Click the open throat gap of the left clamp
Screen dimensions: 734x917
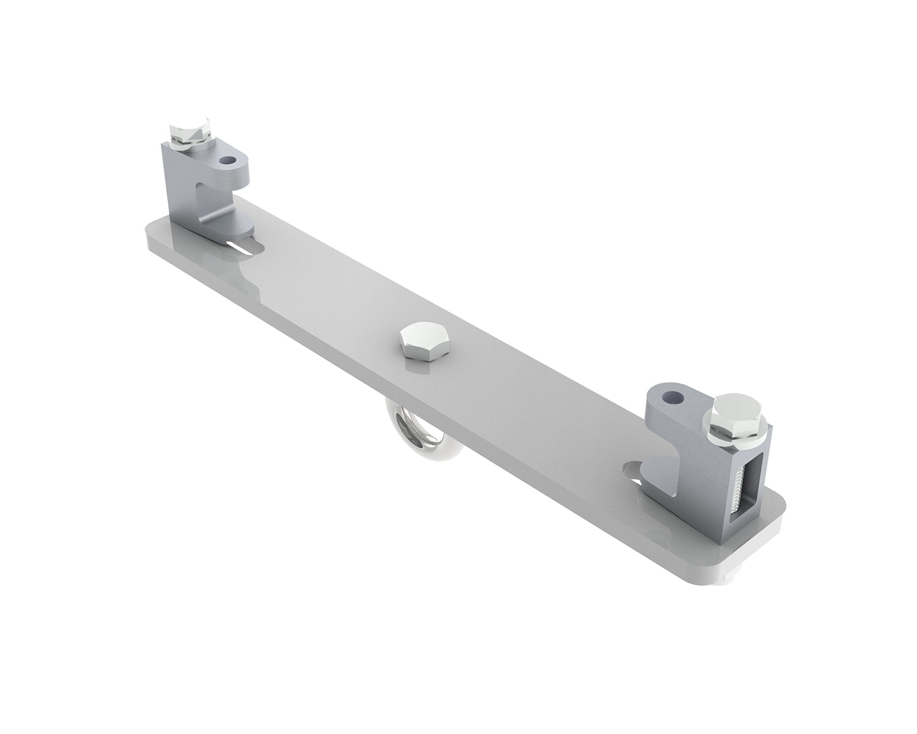[x=211, y=196]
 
